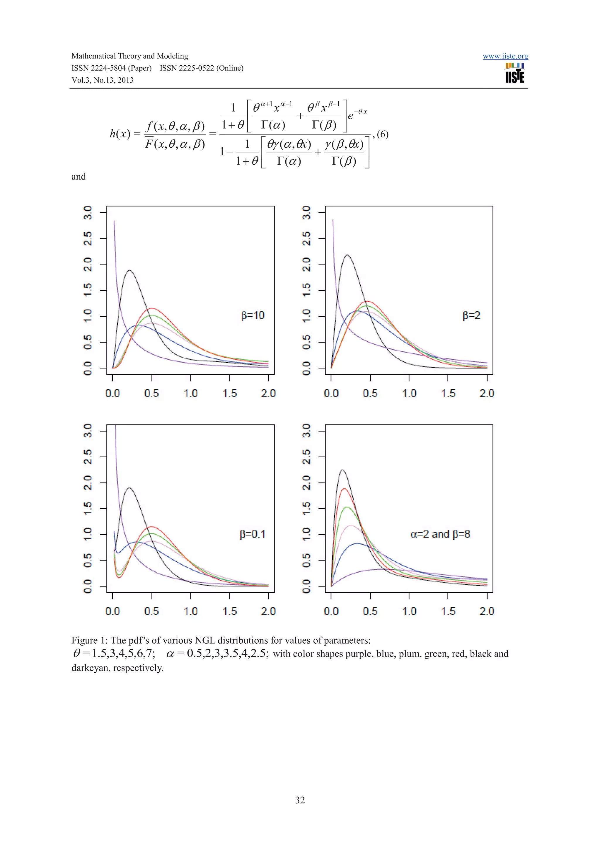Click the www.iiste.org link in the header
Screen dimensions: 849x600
click(x=505, y=56)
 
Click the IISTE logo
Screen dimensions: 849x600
click(x=515, y=73)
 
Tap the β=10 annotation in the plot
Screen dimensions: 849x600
click(x=253, y=316)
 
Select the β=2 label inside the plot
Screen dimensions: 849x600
click(x=471, y=316)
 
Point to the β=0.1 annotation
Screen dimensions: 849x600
click(x=253, y=534)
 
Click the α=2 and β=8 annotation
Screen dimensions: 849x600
click(x=440, y=534)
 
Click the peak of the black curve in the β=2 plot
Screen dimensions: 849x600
click(x=347, y=255)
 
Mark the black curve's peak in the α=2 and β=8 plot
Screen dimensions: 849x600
click(x=342, y=470)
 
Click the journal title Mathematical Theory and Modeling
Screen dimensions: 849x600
click(x=130, y=56)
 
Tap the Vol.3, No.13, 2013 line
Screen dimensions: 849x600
click(x=103, y=80)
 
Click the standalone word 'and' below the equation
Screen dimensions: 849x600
click(x=79, y=177)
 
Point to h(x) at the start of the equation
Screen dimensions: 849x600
click(x=120, y=134)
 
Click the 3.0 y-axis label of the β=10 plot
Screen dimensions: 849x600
click(x=88, y=213)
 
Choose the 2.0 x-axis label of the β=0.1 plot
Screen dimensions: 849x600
click(x=268, y=611)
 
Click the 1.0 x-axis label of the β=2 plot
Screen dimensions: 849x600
click(x=409, y=393)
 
